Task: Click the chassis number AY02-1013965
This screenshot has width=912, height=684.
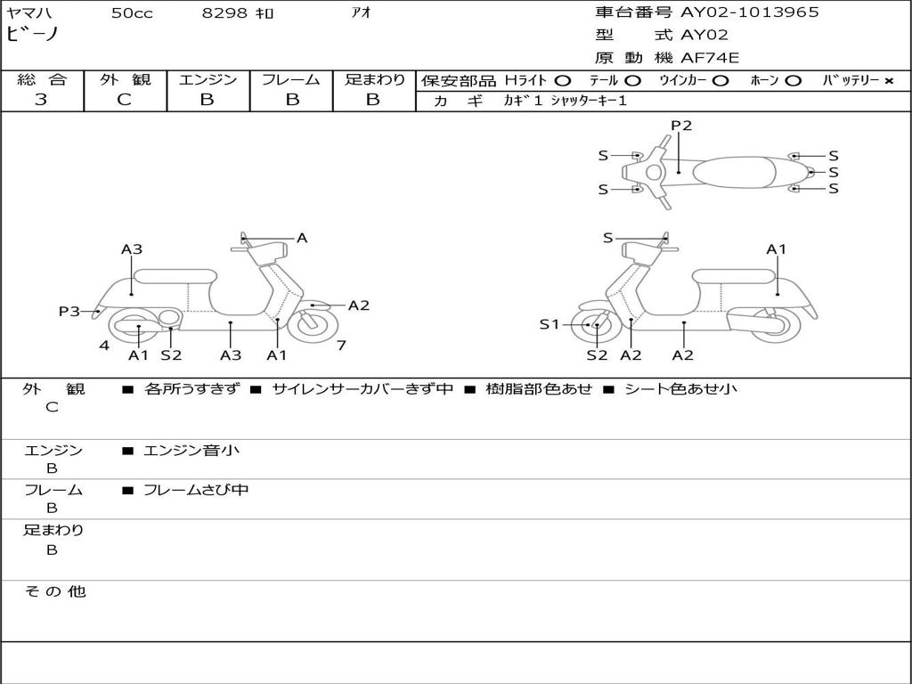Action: click(750, 12)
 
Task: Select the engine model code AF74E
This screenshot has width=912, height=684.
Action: click(710, 58)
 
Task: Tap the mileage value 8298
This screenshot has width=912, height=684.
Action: click(224, 12)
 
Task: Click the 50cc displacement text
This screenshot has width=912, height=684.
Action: click(132, 12)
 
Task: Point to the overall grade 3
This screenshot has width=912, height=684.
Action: click(41, 100)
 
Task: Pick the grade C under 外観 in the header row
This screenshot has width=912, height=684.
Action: click(124, 100)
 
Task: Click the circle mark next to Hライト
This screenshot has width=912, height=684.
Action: click(563, 81)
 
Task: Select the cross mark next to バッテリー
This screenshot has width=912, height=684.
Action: click(889, 81)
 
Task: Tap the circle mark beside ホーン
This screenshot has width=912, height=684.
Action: click(793, 81)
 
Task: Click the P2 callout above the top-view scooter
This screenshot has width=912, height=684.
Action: click(681, 125)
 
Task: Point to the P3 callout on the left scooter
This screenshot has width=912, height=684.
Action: click(69, 311)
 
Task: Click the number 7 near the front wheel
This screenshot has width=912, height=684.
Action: click(341, 346)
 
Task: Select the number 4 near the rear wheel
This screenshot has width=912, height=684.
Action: click(104, 346)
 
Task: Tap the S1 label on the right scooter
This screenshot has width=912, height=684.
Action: click(549, 324)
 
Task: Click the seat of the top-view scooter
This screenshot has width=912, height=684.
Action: click(734, 172)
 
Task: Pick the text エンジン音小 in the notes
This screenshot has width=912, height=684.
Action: click(191, 450)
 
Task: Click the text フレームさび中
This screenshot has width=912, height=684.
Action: click(196, 490)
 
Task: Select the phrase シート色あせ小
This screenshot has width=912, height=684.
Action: click(680, 388)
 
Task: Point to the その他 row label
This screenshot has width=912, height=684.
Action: click(54, 591)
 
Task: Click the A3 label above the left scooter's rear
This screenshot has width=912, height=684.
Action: click(132, 249)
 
